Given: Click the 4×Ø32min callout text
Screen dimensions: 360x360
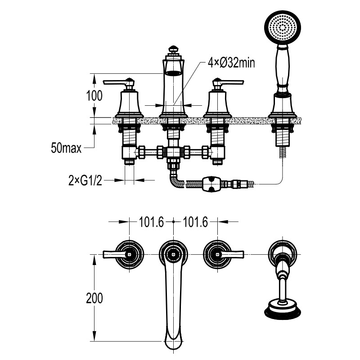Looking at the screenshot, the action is tap(231, 63).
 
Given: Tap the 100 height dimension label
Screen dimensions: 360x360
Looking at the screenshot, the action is tap(94, 96).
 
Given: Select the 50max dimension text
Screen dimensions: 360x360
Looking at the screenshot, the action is tap(66, 148).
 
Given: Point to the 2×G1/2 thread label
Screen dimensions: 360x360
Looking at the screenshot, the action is tap(85, 180).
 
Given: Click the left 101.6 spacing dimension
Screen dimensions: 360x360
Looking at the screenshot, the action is tap(152, 222).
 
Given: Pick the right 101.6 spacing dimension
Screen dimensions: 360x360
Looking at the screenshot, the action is tap(195, 222).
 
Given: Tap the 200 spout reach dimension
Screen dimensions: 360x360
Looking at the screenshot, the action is tap(94, 298).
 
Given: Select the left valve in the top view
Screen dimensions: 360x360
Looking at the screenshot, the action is tap(129, 254).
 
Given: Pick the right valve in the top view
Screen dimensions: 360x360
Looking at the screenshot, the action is tap(217, 254).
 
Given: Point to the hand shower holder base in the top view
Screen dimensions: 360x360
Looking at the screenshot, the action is tap(283, 253).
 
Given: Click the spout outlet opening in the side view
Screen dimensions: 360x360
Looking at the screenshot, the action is tap(174, 73).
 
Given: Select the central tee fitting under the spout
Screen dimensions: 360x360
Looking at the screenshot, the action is tap(174, 152).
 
